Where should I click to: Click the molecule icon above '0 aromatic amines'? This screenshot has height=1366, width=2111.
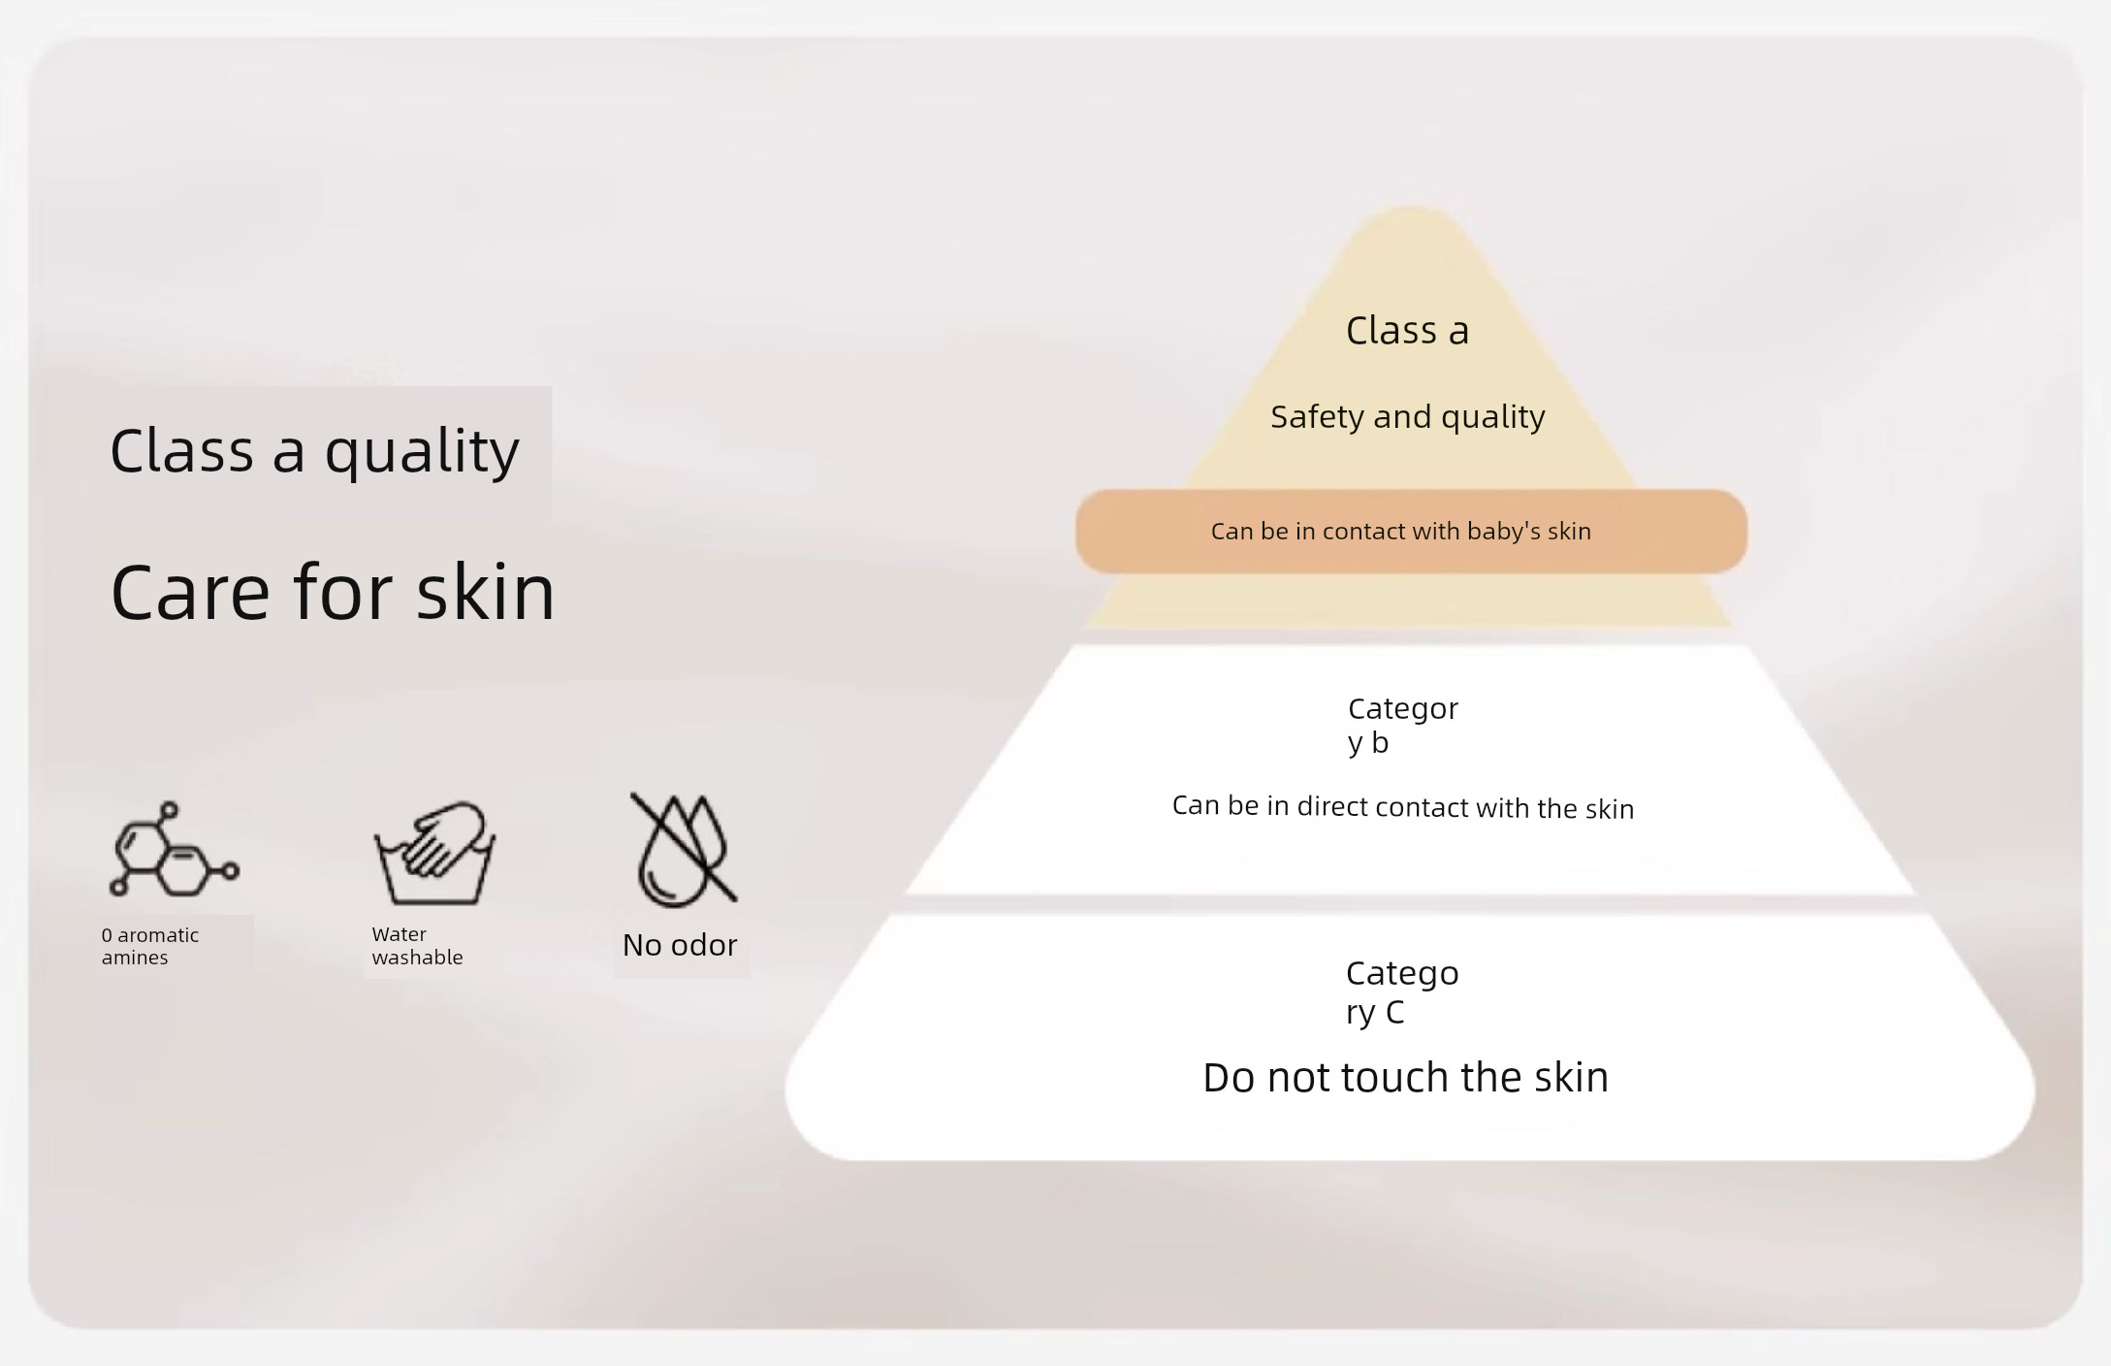tap(174, 850)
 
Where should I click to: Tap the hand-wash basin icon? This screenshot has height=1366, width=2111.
tap(435, 854)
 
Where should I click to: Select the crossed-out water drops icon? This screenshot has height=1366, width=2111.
tap(684, 850)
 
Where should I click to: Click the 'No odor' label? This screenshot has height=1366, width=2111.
tap(680, 945)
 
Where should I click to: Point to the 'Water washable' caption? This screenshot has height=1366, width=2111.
tap(417, 946)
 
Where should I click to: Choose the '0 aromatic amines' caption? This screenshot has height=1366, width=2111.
tap(150, 946)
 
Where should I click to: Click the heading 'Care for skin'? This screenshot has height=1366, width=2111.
tap(333, 592)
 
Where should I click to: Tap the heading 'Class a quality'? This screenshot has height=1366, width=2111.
tap(315, 451)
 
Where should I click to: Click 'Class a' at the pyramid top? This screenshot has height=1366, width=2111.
tap(1407, 331)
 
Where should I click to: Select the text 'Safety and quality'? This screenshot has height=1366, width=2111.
tap(1408, 417)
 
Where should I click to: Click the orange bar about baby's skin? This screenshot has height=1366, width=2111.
tap(1411, 531)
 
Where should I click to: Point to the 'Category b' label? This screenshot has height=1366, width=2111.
tap(1402, 726)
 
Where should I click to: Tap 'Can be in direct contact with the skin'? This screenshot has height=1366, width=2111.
tap(1403, 807)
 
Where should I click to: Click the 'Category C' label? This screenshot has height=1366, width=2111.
tap(1402, 992)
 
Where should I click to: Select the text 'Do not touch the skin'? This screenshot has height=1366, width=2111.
tap(1406, 1078)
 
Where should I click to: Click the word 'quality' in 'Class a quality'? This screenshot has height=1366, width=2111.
tap(422, 453)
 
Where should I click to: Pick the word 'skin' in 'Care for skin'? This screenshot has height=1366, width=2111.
tap(486, 592)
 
